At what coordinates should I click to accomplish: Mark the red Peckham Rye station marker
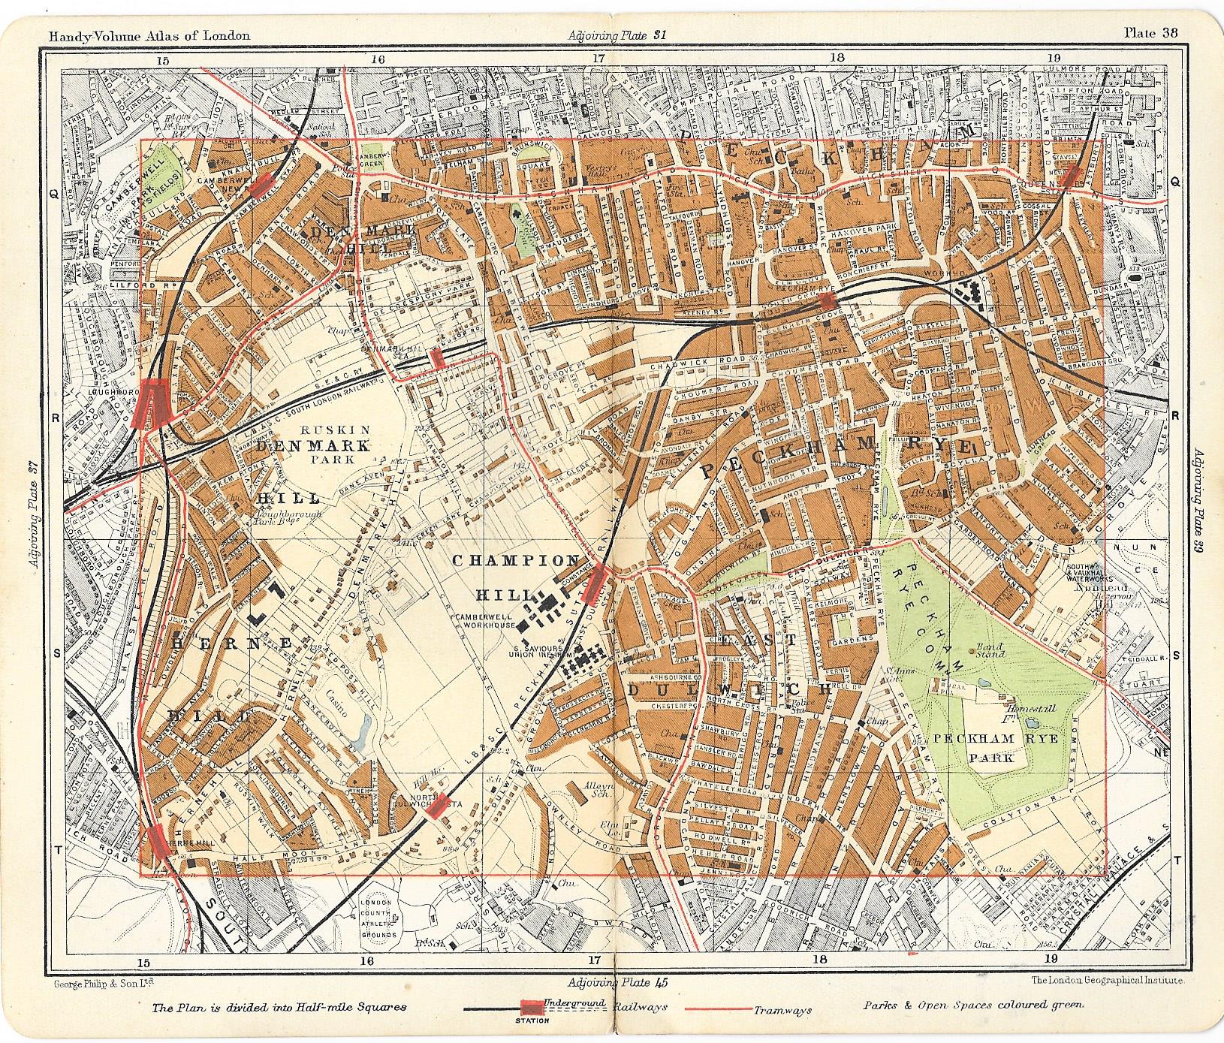point(828,301)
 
